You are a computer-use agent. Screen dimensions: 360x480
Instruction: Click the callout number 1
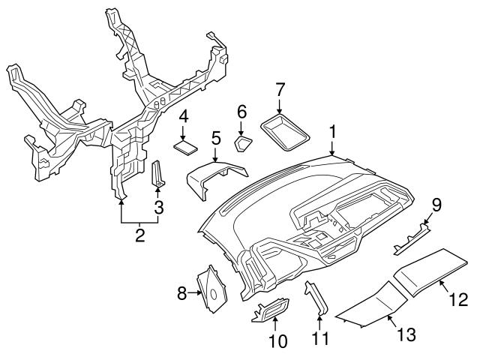coord(332,133)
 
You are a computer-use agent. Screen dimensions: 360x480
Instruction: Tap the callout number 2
coord(139,237)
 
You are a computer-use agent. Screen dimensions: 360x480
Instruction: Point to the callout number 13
coord(406,334)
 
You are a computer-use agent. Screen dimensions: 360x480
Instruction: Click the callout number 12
coord(458,301)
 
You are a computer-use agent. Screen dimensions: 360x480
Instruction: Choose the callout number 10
coord(277,342)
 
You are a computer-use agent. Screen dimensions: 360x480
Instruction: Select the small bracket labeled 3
coord(159,174)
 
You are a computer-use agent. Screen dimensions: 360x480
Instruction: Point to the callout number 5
coord(215,138)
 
